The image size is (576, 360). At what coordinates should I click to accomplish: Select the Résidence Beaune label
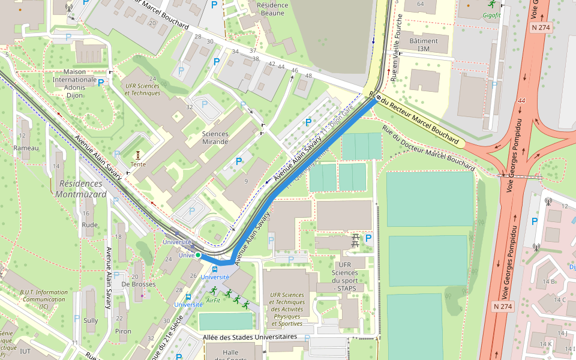pyautogui.click(x=272, y=9)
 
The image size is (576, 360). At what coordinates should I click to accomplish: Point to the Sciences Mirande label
pyautogui.click(x=215, y=138)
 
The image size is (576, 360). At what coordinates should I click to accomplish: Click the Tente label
pyautogui.click(x=138, y=164)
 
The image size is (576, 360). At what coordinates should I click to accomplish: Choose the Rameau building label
pyautogui.click(x=26, y=148)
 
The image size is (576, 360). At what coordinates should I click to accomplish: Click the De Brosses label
pyautogui.click(x=138, y=284)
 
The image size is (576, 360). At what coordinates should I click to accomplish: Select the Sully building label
pyautogui.click(x=91, y=320)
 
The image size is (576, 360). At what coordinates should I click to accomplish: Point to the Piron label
pyautogui.click(x=123, y=331)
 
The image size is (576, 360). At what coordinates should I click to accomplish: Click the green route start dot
pyautogui.click(x=198, y=255)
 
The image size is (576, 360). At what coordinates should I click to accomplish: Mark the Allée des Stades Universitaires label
pyautogui.click(x=250, y=337)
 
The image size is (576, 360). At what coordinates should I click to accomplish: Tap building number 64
pyautogui.click(x=420, y=4)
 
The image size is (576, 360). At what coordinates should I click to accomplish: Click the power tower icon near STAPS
pyautogui.click(x=355, y=239)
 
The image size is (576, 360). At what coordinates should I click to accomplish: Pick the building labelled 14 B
pyautogui.click(x=549, y=281)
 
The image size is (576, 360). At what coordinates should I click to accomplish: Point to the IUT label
pyautogui.click(x=25, y=351)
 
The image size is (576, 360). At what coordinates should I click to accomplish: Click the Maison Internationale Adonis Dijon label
pyautogui.click(x=74, y=83)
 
